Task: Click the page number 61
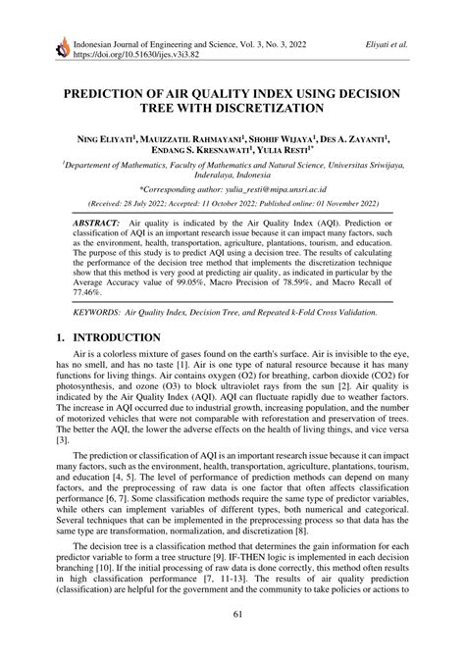(x=232, y=642)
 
